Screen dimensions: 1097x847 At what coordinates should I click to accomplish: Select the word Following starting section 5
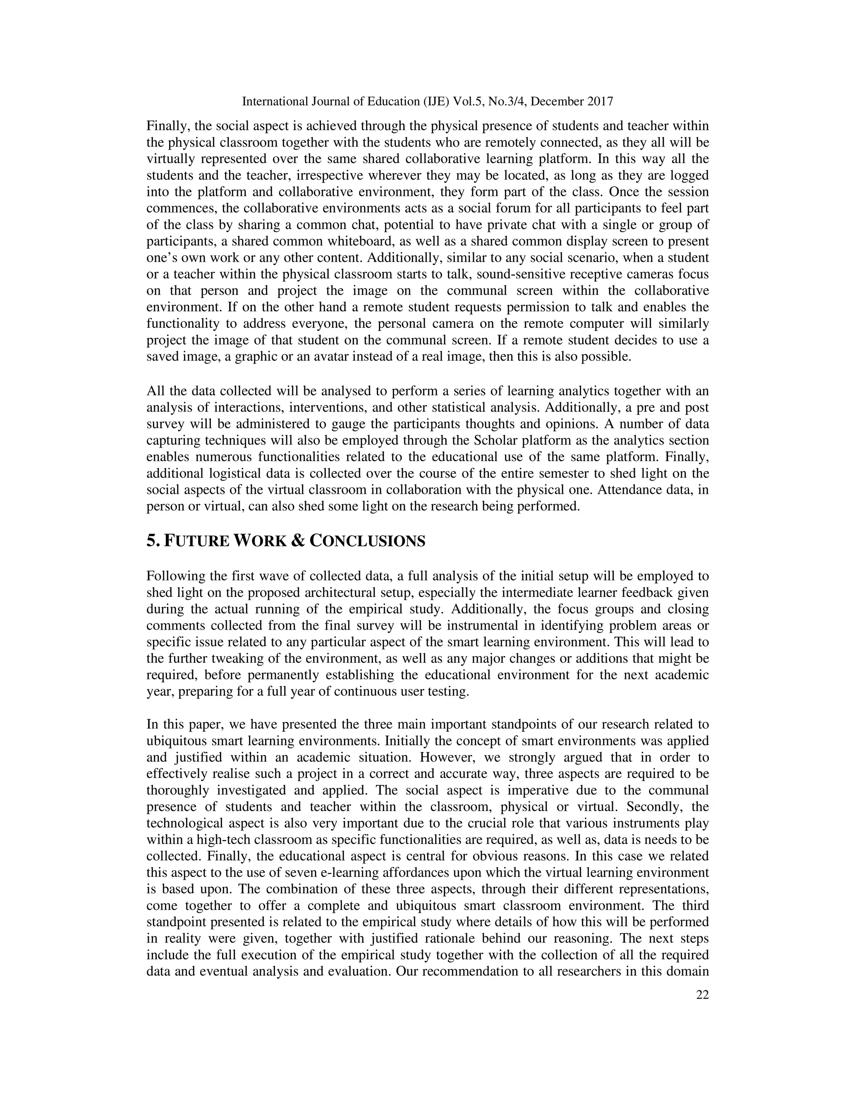coord(171,576)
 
